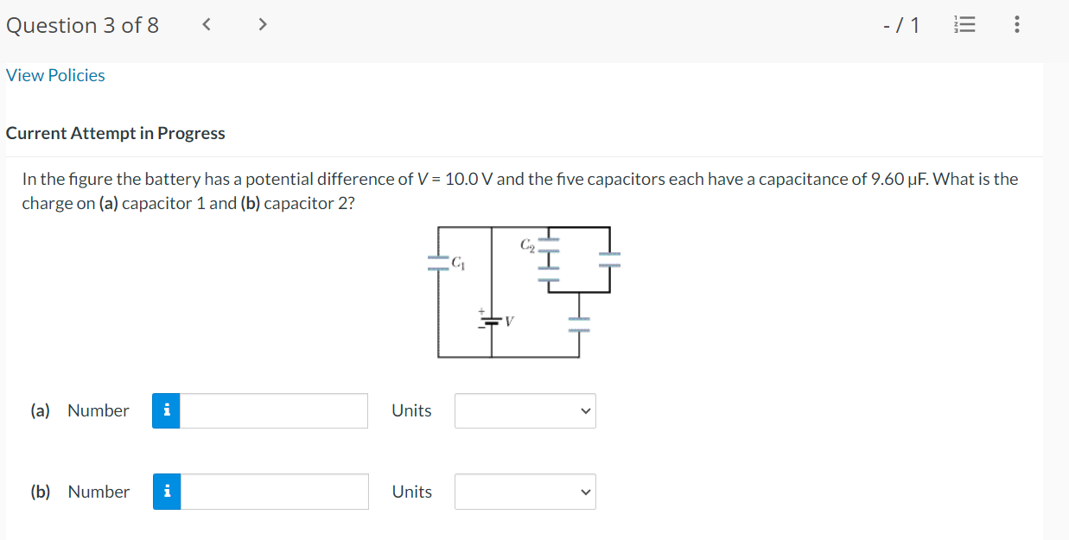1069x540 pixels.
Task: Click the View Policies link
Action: [x=55, y=75]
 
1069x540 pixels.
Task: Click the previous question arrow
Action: [x=206, y=25]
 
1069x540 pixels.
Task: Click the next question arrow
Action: [x=262, y=25]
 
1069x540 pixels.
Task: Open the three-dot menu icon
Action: [x=1016, y=26]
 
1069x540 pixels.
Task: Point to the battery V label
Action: [x=510, y=322]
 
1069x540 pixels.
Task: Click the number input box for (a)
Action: [x=273, y=411]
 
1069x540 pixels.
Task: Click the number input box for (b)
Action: [x=273, y=492]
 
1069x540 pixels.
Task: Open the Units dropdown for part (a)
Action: [x=525, y=411]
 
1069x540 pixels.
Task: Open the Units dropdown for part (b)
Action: [x=525, y=492]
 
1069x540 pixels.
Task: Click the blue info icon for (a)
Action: [x=167, y=411]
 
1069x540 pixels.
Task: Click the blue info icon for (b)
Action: [x=167, y=492]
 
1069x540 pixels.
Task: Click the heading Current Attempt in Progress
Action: [x=116, y=133]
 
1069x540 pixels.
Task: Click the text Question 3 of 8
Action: [x=82, y=25]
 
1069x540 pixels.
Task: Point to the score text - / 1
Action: [x=901, y=26]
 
